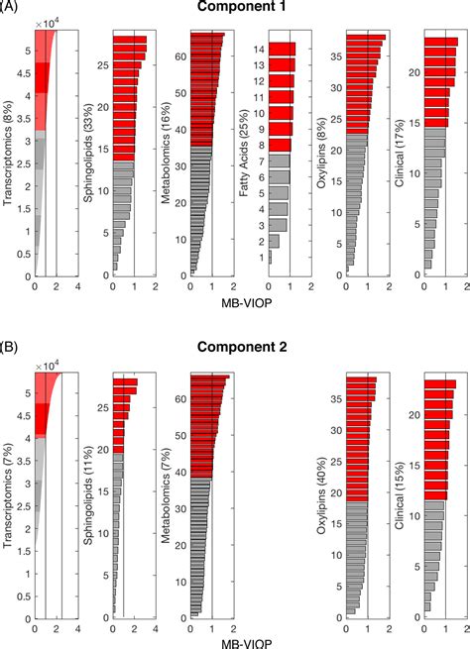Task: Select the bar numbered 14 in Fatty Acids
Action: [x=282, y=49]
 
